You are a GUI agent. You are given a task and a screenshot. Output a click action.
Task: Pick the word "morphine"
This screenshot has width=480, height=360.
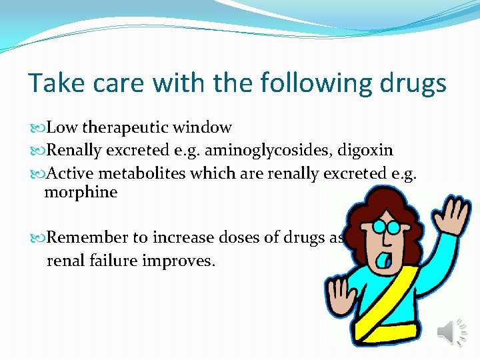pos(81,193)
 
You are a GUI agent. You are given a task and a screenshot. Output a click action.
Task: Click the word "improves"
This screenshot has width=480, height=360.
pos(179,260)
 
